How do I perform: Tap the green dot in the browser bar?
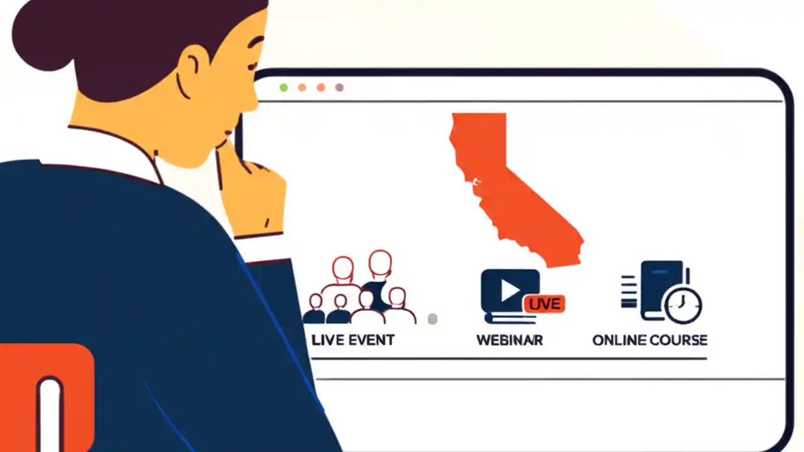(284, 88)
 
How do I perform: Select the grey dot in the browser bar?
(340, 88)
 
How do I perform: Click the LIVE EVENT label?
(353, 340)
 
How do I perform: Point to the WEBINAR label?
(509, 340)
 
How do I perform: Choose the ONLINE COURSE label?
(649, 340)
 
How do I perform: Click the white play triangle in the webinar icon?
(509, 290)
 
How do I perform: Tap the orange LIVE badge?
(544, 304)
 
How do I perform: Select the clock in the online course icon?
(683, 306)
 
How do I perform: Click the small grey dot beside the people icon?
(432, 319)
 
